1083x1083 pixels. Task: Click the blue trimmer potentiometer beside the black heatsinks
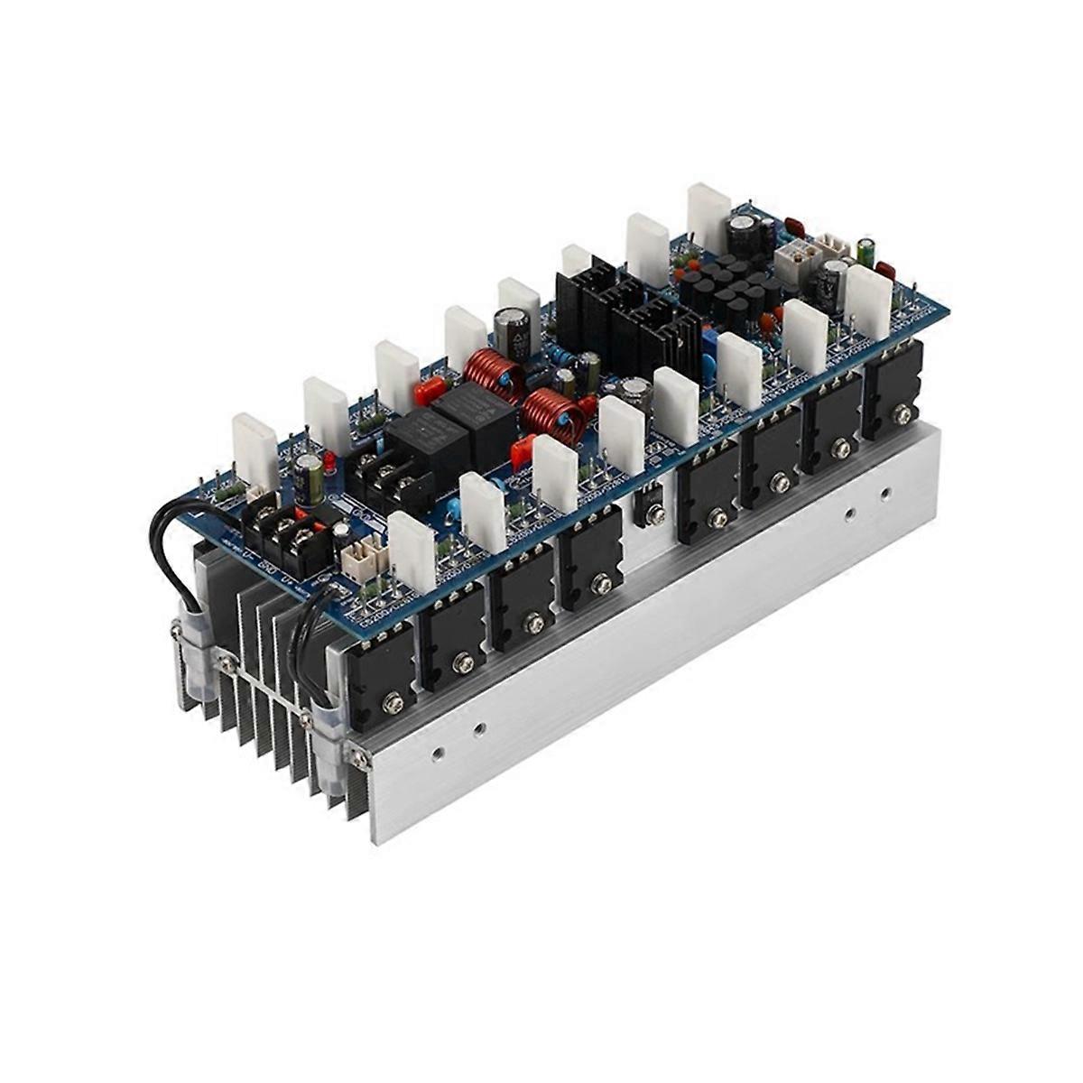coord(709,344)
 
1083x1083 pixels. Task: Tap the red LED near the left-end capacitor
coord(329,464)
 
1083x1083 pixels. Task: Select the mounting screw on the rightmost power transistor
coord(900,414)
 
